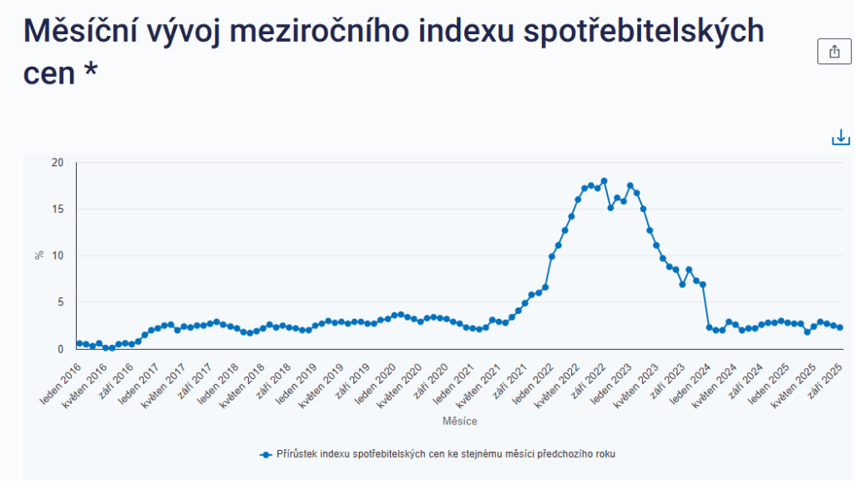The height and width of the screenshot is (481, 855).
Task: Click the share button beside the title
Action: point(834,52)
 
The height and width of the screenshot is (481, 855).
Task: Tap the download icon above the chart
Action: point(840,138)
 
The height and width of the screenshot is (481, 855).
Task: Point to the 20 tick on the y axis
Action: point(58,162)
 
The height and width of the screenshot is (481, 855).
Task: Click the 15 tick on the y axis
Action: point(58,209)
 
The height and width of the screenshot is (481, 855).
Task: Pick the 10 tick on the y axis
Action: point(58,256)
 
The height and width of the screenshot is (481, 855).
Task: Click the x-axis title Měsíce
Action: point(460,422)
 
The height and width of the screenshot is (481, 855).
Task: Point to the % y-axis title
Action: point(39,255)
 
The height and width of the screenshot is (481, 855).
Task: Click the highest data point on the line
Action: point(604,181)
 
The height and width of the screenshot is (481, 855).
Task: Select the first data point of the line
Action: point(79,343)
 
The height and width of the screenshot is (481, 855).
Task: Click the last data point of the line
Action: point(839,327)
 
